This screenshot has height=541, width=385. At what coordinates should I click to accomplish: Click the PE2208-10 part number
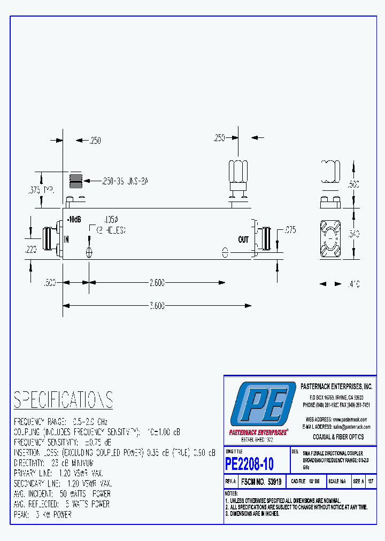[250, 462]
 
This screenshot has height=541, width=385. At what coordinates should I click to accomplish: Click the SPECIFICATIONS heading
[63, 400]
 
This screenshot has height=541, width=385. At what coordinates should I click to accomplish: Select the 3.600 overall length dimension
[157, 305]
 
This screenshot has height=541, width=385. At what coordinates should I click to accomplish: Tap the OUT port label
[243, 239]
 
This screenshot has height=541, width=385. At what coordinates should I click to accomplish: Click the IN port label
[66, 239]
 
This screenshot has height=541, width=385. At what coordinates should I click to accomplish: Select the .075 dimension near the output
[290, 230]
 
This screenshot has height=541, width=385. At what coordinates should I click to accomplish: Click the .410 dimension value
[353, 284]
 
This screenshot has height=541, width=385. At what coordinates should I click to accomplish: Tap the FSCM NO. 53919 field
[261, 481]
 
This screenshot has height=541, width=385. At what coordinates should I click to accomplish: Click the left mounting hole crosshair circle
[89, 252]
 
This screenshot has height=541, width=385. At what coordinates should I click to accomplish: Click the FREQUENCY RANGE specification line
[61, 421]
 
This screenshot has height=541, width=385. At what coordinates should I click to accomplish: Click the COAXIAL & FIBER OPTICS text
[338, 437]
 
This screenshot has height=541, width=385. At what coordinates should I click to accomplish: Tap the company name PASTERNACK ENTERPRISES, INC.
[337, 386]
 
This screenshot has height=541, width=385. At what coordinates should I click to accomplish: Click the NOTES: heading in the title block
[232, 493]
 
